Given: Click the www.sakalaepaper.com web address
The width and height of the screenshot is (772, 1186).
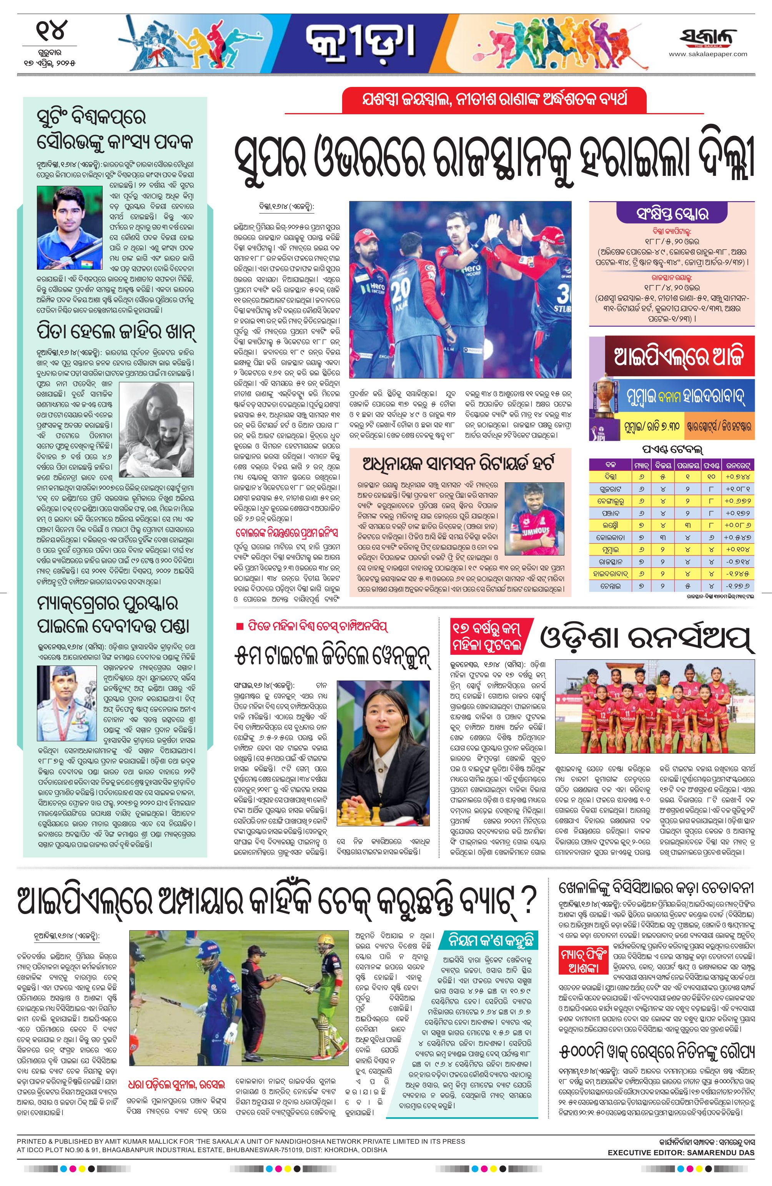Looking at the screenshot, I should (708, 54).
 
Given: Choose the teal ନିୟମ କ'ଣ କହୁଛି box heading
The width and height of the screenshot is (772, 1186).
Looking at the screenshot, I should (489, 941).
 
